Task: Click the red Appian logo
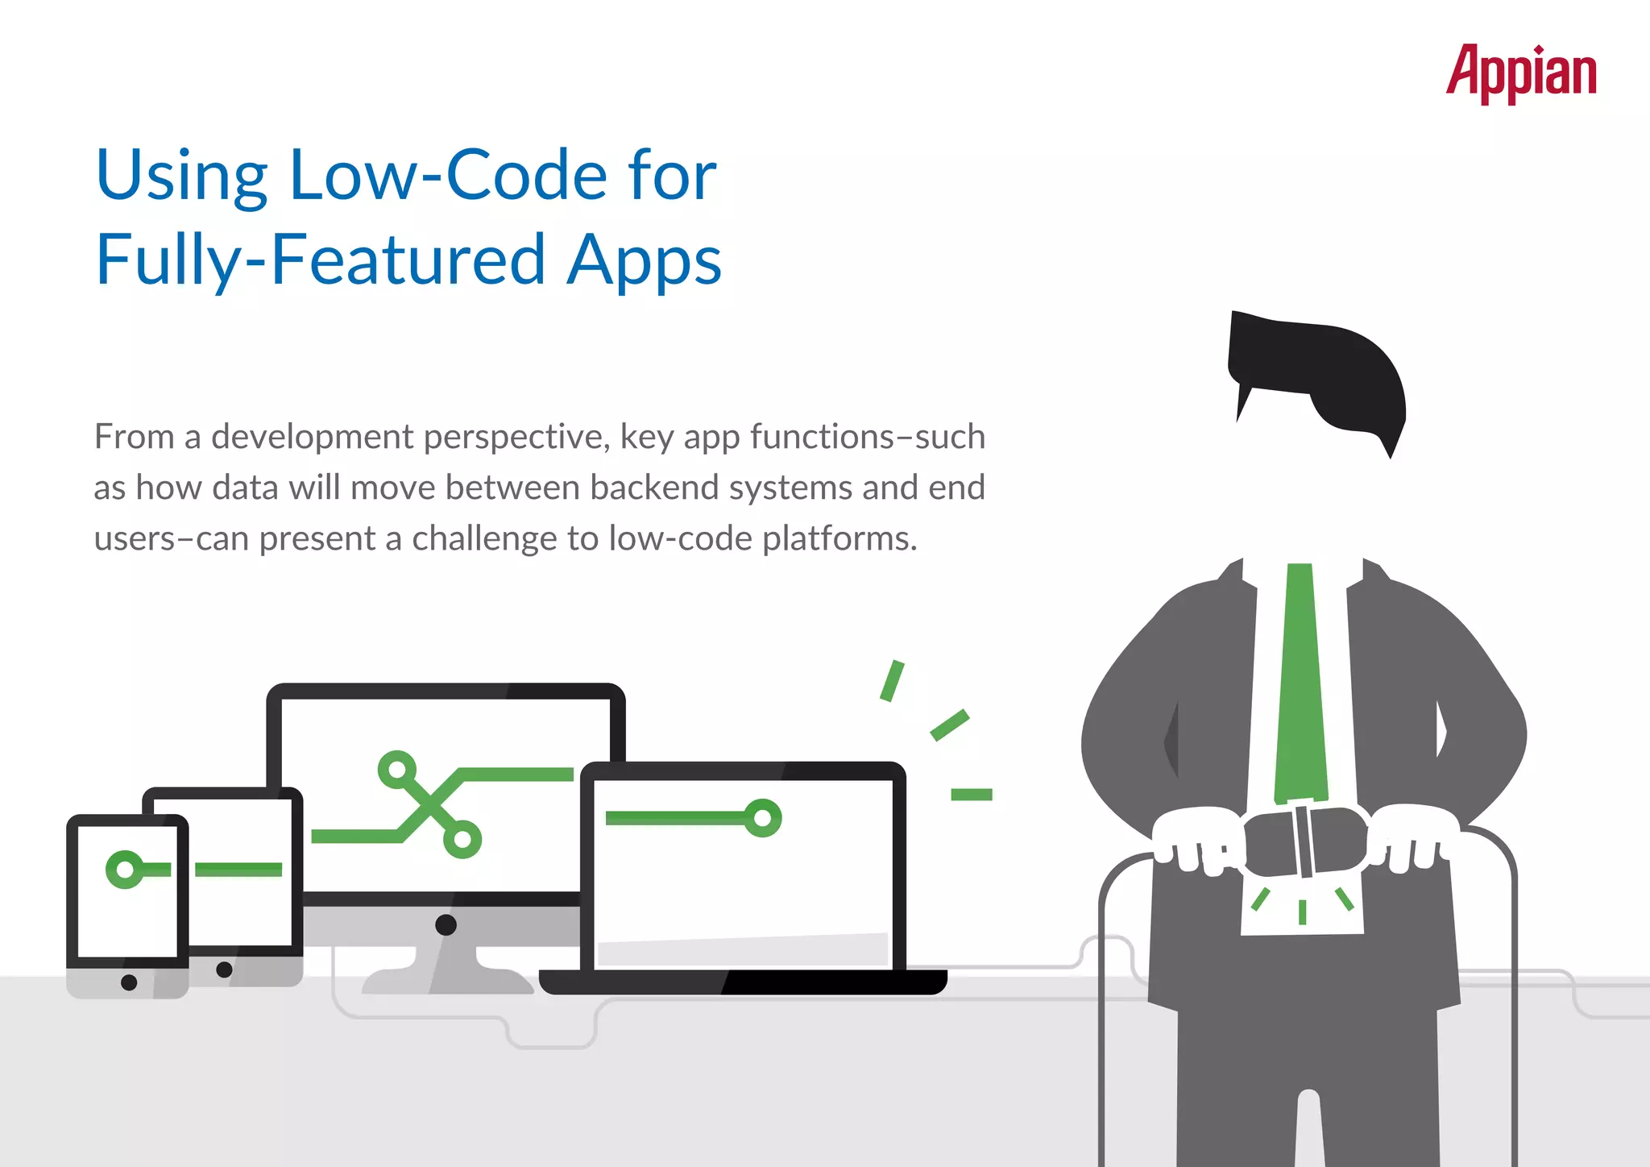[1520, 73]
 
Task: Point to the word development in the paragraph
[313, 438]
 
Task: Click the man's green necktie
[1300, 685]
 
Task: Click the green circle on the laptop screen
[762, 818]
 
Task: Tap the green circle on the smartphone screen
[124, 870]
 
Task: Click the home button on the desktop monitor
[446, 924]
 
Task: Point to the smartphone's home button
[129, 982]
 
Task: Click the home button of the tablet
[225, 970]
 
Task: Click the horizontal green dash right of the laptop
[971, 795]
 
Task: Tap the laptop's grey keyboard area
[741, 950]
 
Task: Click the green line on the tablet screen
[238, 869]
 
